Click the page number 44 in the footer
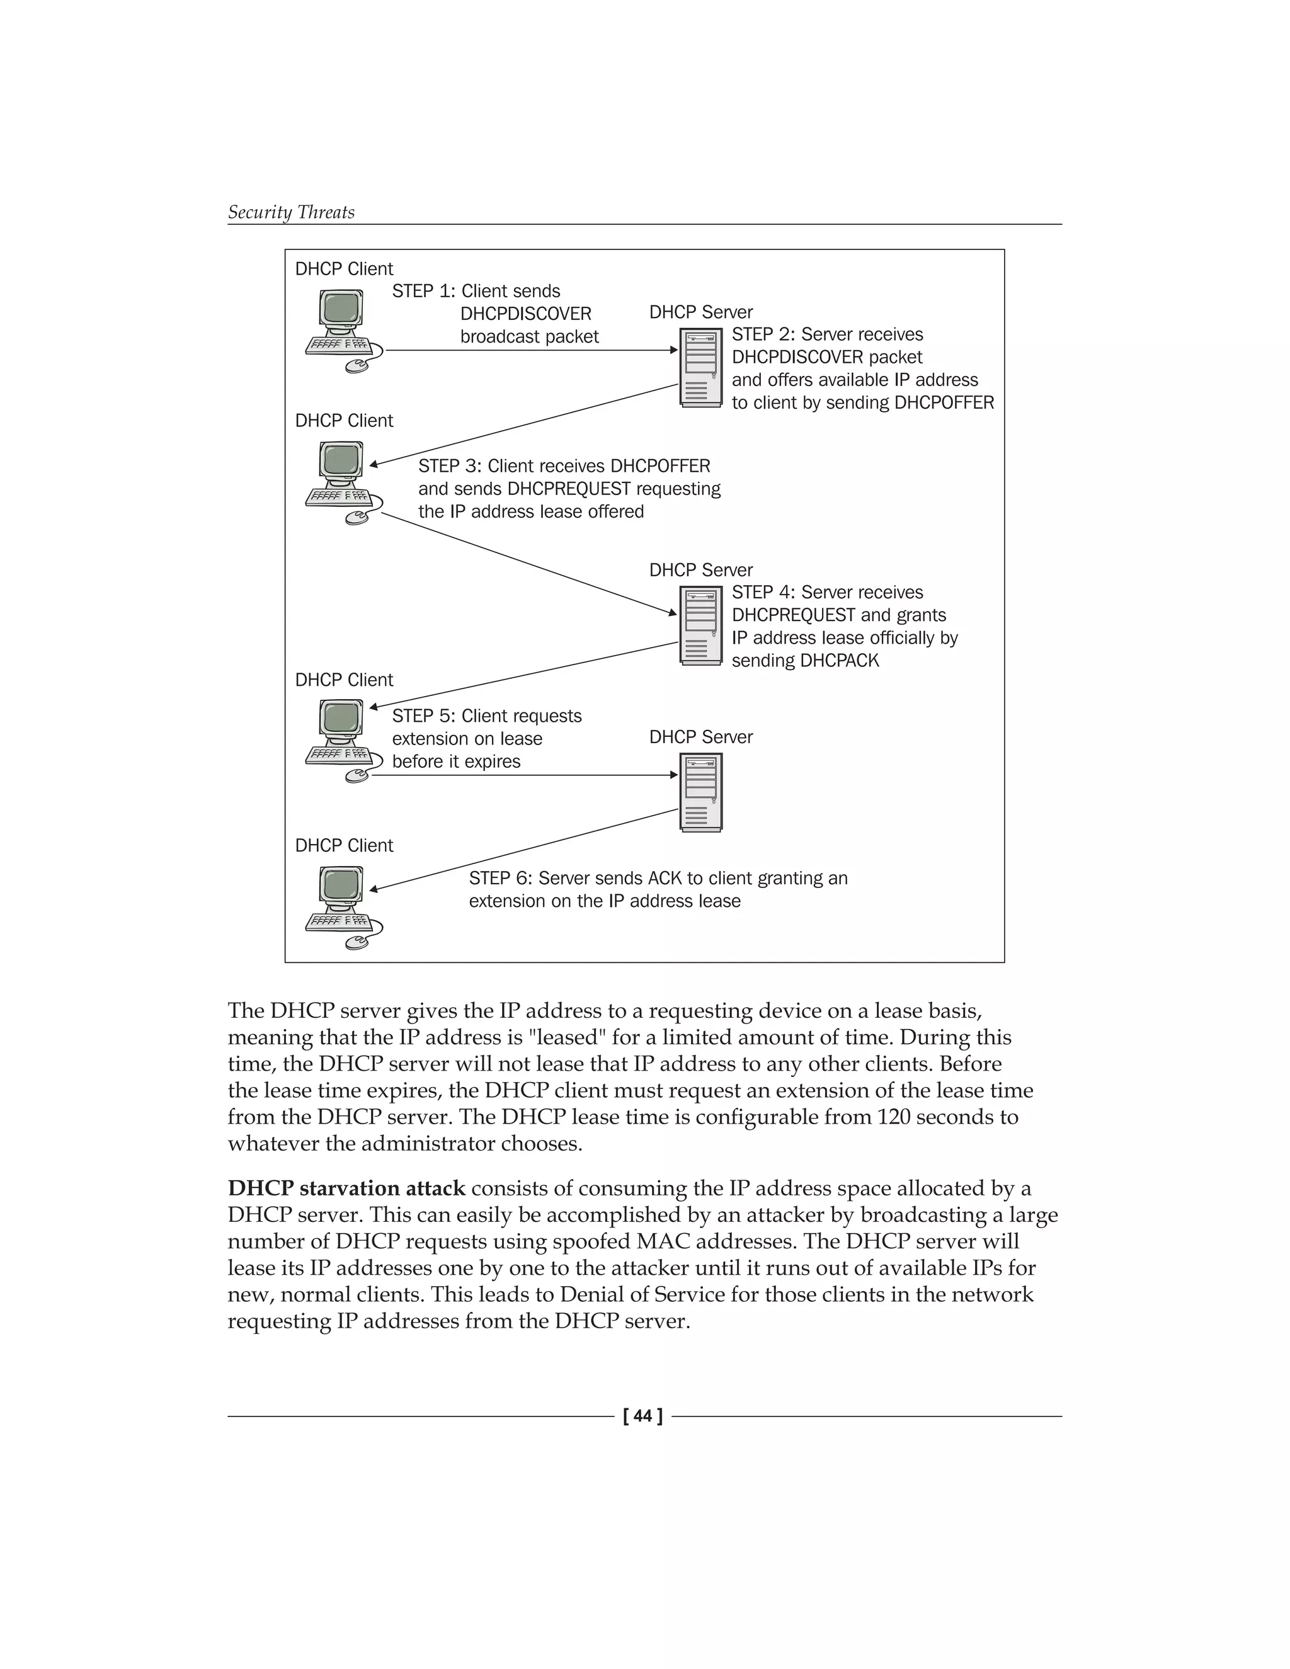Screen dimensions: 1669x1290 coord(642,1416)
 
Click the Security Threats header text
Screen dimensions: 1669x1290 coord(291,212)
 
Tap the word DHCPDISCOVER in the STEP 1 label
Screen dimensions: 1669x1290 coord(525,314)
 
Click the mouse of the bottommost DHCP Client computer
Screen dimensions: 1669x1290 coord(356,943)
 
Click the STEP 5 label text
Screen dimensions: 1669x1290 coord(486,738)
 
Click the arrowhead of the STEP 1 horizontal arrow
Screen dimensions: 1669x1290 coord(674,350)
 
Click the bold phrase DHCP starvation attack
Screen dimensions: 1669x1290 coord(346,1188)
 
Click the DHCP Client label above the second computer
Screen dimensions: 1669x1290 coord(344,421)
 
